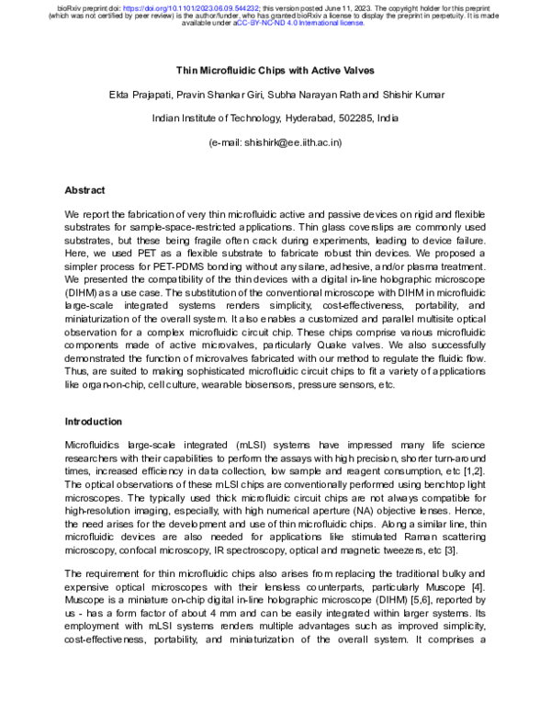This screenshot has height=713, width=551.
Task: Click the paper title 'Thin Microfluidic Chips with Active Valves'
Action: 275,70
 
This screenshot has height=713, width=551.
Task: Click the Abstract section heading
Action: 85,190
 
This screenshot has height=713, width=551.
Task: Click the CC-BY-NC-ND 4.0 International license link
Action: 300,23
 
